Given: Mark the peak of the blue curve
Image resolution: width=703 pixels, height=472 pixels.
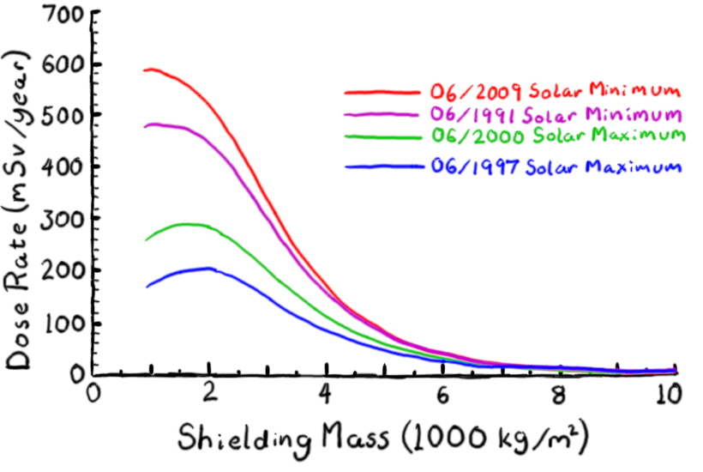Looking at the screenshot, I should [207, 269].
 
